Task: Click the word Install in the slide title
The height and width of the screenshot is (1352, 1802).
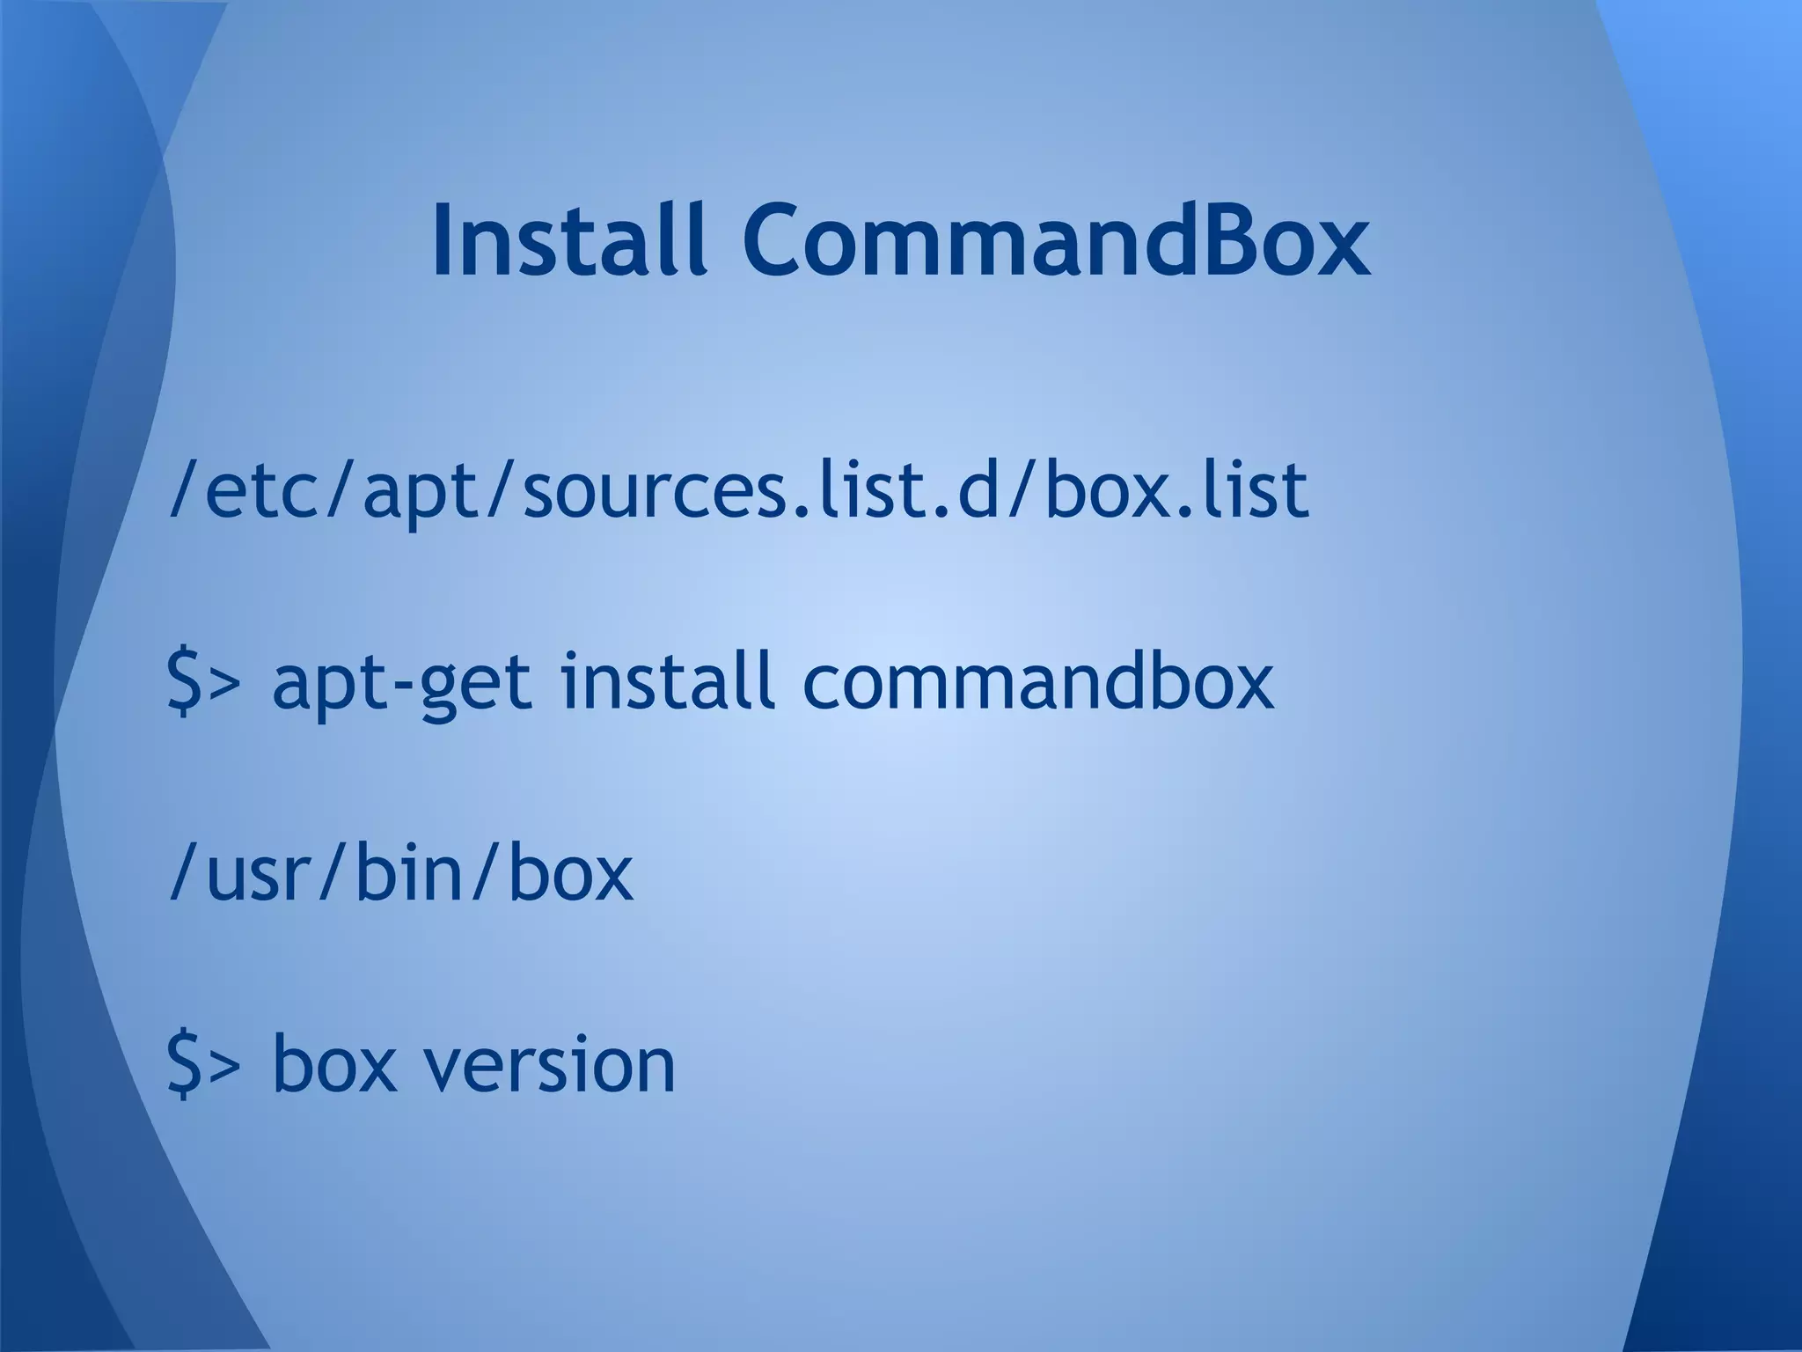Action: (x=569, y=239)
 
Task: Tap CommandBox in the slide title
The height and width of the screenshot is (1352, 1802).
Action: (x=1055, y=239)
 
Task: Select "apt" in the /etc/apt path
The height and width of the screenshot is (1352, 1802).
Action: (x=413, y=493)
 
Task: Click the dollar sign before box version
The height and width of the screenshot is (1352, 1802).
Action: (x=182, y=1065)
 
